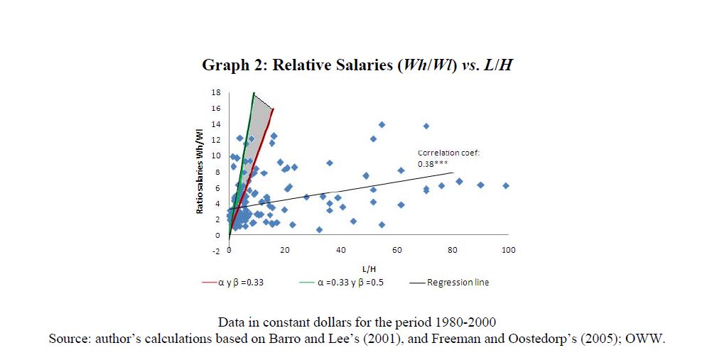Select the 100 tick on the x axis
pyautogui.click(x=508, y=250)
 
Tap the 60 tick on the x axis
pyautogui.click(x=396, y=250)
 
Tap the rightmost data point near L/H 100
pyautogui.click(x=506, y=185)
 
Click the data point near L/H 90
pyautogui.click(x=480, y=185)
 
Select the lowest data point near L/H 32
pyautogui.click(x=319, y=229)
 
